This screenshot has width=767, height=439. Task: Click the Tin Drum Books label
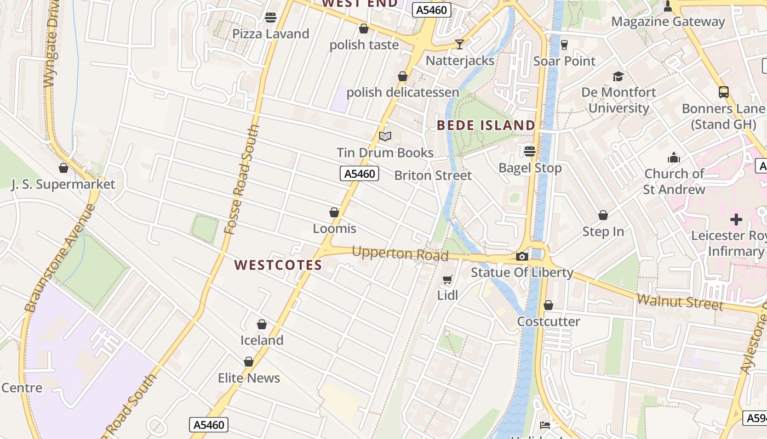385,153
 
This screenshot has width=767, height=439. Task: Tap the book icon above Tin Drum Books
385,136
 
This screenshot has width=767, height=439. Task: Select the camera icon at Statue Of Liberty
522,256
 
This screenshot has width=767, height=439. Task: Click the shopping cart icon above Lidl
447,280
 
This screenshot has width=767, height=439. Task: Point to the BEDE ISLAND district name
486,125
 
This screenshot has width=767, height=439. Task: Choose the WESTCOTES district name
278,265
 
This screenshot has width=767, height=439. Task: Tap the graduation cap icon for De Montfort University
618,76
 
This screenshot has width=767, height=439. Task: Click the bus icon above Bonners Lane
724,92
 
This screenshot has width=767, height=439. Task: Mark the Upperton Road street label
400,254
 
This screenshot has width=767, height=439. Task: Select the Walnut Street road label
681,302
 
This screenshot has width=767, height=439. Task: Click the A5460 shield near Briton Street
359,174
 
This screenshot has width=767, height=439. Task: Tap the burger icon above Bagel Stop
530,151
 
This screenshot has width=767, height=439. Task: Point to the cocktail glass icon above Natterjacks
460,44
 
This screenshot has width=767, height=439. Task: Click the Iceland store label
262,340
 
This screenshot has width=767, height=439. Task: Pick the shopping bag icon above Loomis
334,212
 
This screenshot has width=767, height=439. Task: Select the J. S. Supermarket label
64,184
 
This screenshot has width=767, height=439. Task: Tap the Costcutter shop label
548,322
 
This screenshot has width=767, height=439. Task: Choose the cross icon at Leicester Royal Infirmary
736,219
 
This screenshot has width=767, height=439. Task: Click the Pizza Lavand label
271,34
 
